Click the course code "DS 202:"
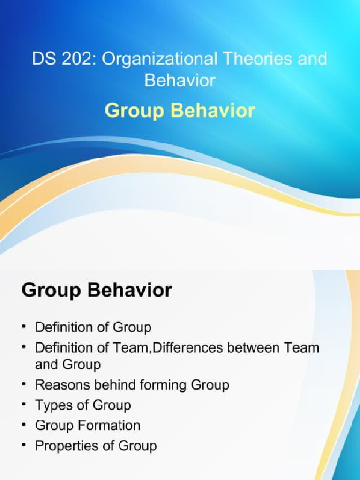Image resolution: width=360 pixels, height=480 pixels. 64,60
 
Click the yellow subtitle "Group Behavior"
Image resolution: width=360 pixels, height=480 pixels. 180,111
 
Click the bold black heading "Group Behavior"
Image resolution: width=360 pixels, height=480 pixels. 97,291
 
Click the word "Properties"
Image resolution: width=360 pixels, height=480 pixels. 65,446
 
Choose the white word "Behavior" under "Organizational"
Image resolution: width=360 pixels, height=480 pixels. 180,80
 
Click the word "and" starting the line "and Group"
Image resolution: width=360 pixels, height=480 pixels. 46,364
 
